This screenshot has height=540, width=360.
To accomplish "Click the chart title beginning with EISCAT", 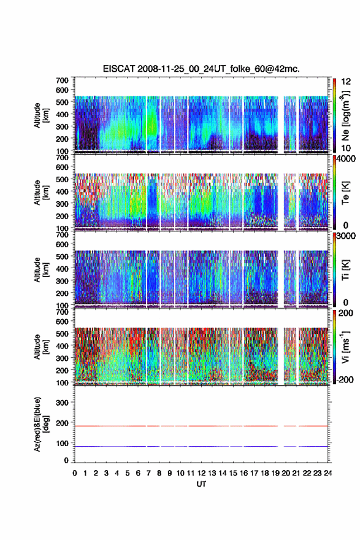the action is [x=201, y=69].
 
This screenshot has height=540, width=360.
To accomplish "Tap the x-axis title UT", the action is [x=201, y=484].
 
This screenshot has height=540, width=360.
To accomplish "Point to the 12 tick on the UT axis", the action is [x=201, y=473].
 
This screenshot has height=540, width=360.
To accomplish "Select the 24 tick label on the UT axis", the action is [x=327, y=473].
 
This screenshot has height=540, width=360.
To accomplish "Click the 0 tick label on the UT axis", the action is [x=75, y=473].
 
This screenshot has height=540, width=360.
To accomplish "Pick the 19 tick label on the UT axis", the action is [x=275, y=473].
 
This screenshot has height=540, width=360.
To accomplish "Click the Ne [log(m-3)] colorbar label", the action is [x=345, y=116].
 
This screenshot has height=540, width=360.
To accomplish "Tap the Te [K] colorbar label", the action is [x=345, y=193].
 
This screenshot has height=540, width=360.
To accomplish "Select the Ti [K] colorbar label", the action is [x=345, y=271].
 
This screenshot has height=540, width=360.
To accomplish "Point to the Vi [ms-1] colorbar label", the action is [x=345, y=347].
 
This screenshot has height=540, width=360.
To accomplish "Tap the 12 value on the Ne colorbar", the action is [x=347, y=81].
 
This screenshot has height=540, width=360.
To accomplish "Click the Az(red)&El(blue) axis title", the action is [x=41, y=424].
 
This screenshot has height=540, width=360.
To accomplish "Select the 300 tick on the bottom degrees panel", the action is [x=63, y=403].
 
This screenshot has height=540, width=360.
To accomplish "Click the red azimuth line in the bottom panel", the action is [x=201, y=426].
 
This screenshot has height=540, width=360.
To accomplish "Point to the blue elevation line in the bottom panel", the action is [x=201, y=446].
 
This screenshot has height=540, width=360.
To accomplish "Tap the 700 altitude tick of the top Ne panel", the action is [x=63, y=80].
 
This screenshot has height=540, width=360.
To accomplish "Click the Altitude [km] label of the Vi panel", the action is [x=41, y=347].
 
